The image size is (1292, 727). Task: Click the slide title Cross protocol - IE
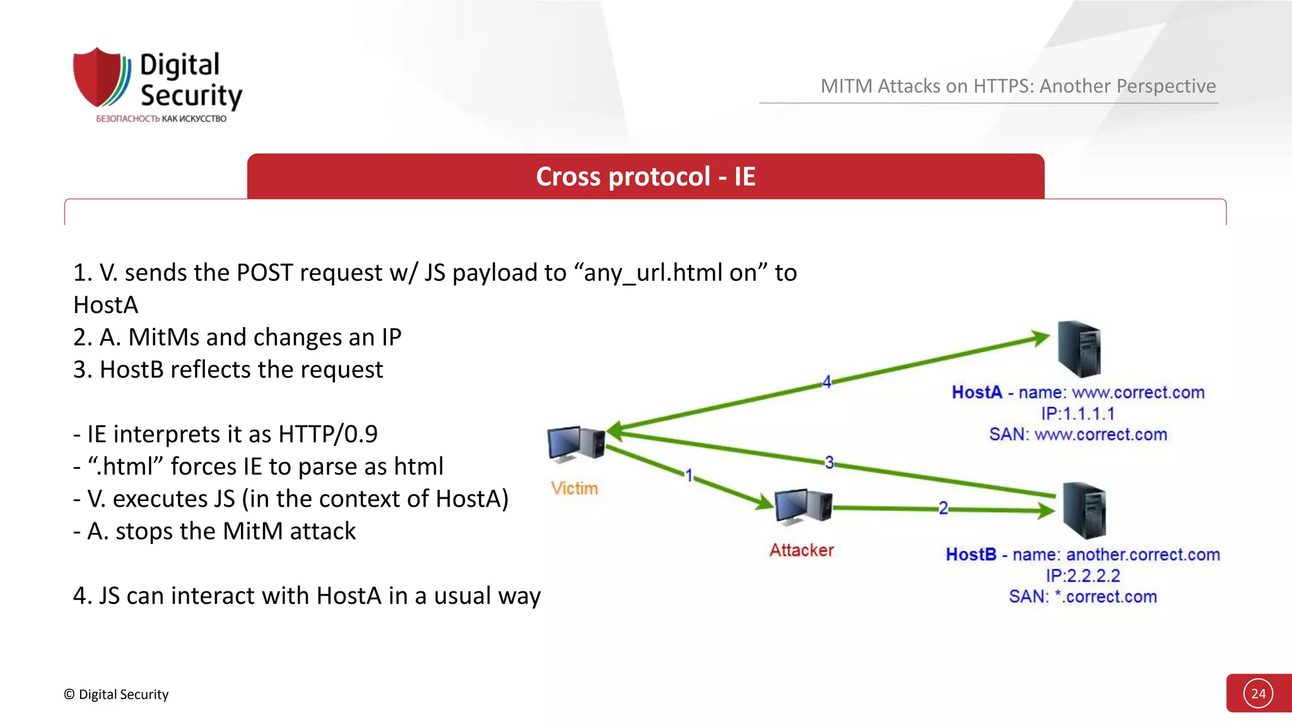point(645,177)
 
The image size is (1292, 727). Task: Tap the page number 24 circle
point(1258,694)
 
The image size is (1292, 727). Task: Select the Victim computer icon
point(576,444)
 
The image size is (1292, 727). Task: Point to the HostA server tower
point(1079,349)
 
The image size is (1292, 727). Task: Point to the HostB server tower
point(1084,510)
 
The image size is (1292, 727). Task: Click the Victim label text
point(574,488)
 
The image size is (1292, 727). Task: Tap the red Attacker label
point(801,550)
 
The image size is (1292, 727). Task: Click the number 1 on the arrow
point(689,475)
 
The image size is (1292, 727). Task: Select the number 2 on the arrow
point(943,508)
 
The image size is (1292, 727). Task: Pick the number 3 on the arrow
point(829,463)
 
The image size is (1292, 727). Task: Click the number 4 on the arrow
point(826,382)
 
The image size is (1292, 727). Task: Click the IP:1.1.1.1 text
point(1078,414)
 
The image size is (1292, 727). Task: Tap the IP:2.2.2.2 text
point(1083,576)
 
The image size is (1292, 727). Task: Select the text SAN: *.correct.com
point(1083,597)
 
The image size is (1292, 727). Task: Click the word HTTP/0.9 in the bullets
point(328,434)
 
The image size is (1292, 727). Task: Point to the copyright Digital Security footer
point(116,694)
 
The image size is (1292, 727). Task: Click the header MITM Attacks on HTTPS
point(1018,86)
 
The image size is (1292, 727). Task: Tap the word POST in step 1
point(264,273)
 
